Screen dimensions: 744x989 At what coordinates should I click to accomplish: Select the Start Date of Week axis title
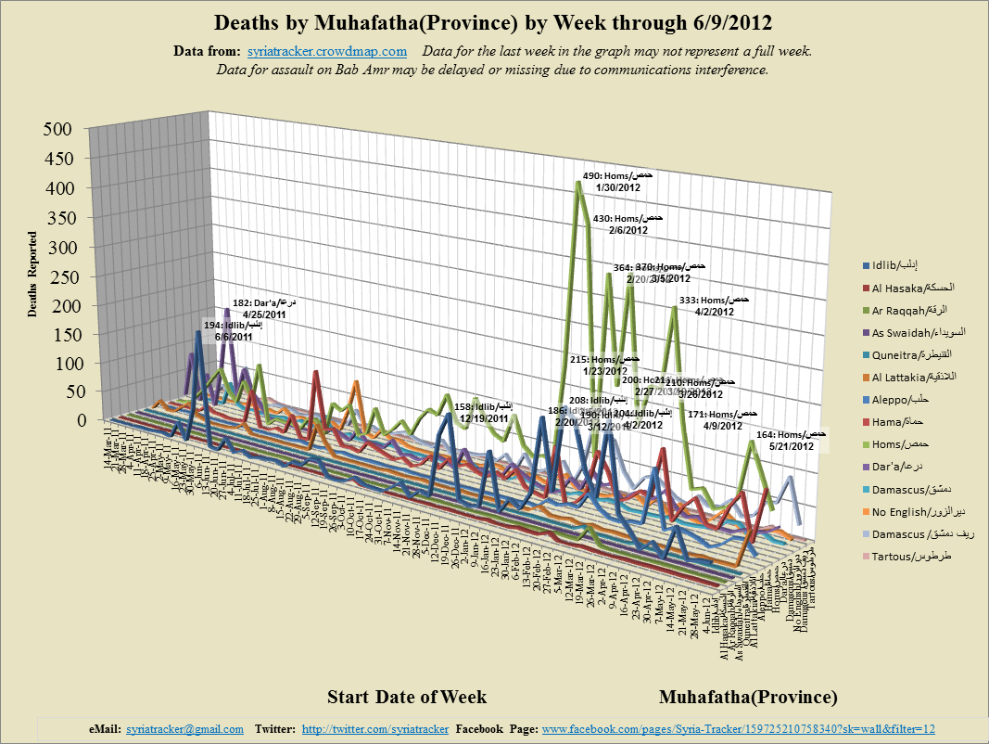coord(406,697)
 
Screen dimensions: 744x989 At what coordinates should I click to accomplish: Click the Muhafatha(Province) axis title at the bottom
coord(748,697)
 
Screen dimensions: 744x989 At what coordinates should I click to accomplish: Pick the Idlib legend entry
coord(896,267)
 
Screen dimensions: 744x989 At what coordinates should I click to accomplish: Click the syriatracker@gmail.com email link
coord(184,729)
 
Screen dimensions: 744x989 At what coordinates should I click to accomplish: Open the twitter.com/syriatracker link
coord(375,729)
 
